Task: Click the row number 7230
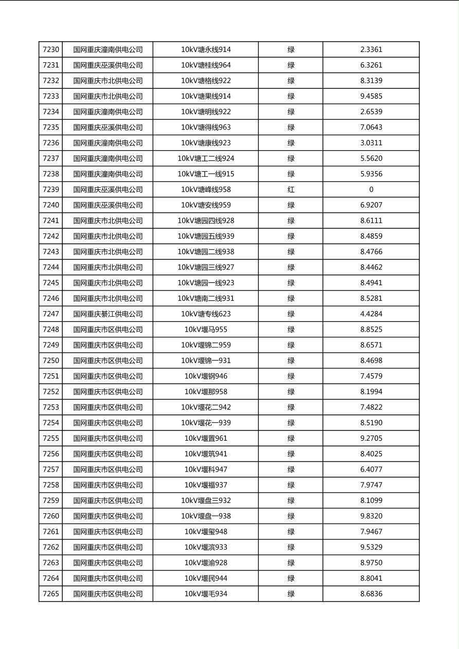click(51, 50)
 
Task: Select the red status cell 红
click(291, 190)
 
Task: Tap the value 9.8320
click(371, 516)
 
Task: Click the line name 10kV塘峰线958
click(206, 190)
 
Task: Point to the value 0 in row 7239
click(371, 190)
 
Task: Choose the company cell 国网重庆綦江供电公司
click(108, 314)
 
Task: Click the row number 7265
click(51, 594)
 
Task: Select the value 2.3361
click(371, 50)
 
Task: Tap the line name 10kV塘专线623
click(206, 314)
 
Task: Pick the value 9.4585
click(371, 96)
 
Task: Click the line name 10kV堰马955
click(206, 330)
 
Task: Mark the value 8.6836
click(371, 594)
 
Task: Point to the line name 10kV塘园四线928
click(206, 221)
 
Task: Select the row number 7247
click(51, 314)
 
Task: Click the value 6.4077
click(371, 470)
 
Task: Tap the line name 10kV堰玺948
click(206, 532)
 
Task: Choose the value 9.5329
click(371, 547)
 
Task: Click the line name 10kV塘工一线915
click(206, 174)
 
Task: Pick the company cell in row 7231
click(108, 65)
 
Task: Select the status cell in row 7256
click(291, 454)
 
